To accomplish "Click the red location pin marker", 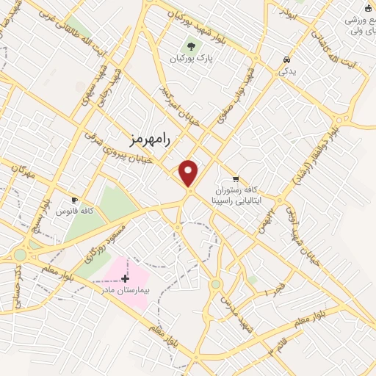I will (x=189, y=173).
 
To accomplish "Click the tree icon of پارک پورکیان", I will (x=190, y=46).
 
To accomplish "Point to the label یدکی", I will (x=285, y=72).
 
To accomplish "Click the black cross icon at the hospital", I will (x=125, y=278).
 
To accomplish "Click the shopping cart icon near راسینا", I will (x=235, y=178).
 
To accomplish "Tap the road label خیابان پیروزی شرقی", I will (x=118, y=148).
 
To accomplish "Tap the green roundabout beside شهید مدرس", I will (x=215, y=283).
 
